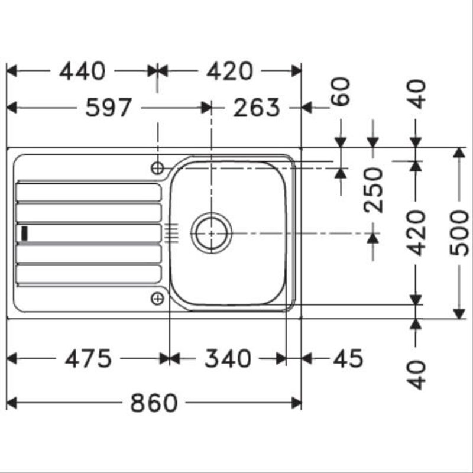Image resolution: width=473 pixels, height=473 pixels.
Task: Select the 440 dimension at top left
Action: coord(82,72)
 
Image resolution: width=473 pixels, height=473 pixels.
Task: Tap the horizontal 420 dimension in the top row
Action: coord(229,72)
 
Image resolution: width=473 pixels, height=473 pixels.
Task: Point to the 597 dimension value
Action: coord(108,108)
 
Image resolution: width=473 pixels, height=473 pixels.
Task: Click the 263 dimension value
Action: coord(256,108)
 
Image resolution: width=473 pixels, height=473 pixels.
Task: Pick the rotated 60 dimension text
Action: coord(342,92)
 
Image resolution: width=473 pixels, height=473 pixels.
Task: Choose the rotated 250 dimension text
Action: coord(373,189)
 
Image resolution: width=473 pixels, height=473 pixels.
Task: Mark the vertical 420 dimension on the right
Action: coord(417,232)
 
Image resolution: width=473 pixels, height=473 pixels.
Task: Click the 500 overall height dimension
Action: coord(460,232)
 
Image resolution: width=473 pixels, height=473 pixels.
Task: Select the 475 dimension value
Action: coord(88,358)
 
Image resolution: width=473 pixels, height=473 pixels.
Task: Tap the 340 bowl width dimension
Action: coord(228,358)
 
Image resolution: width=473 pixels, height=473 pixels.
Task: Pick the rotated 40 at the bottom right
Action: coord(417,374)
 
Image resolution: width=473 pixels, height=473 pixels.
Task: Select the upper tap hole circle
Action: coord(157,168)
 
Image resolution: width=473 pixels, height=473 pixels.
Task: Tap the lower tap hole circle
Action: coord(157,299)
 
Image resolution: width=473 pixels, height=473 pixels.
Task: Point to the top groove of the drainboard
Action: coord(89,192)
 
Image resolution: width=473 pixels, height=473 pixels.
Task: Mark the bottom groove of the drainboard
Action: coord(89,274)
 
